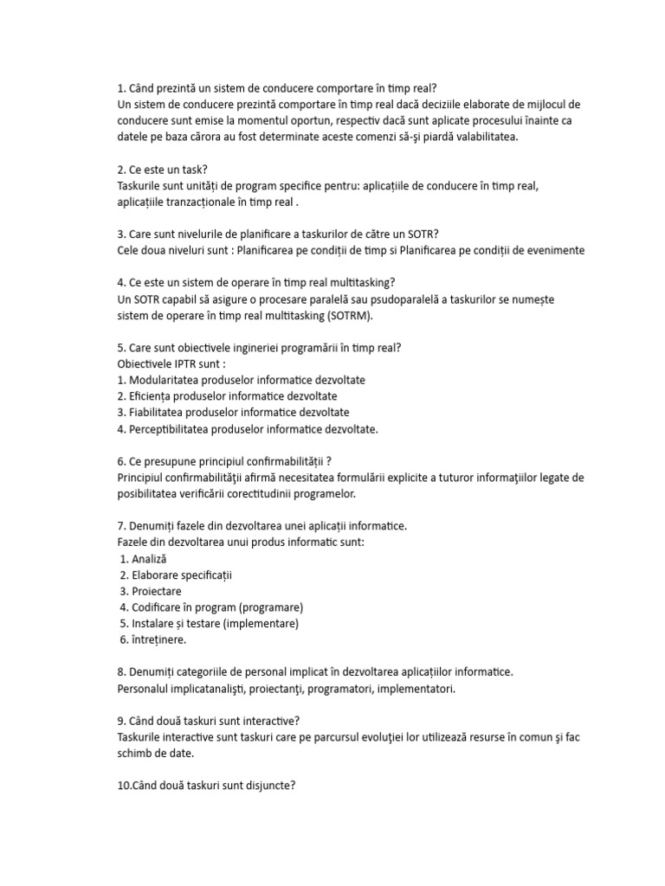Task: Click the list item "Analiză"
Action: [x=150, y=559]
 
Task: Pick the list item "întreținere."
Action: [x=159, y=639]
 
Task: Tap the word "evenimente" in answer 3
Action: [x=551, y=250]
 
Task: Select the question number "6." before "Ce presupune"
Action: [x=122, y=461]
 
